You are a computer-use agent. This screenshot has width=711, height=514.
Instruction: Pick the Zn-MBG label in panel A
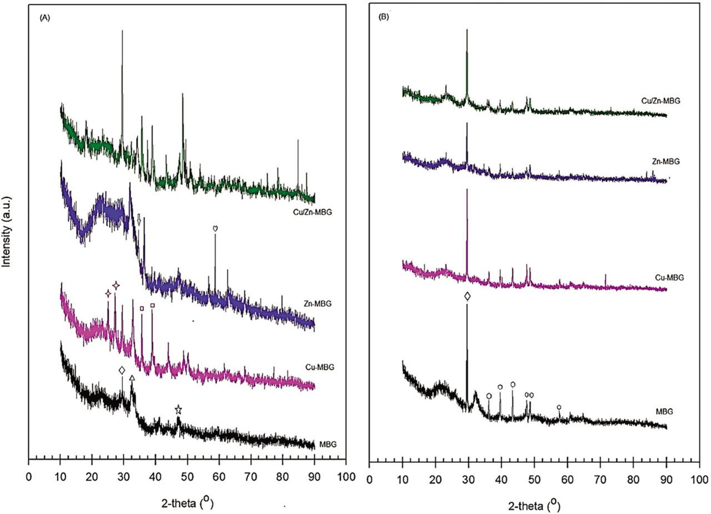303,303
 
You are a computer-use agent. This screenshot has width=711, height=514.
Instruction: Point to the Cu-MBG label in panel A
319,367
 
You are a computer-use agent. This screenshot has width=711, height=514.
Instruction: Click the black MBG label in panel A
328,444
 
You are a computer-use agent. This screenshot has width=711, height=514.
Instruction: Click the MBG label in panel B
664,411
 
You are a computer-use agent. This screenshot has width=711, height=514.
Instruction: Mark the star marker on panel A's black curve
178,410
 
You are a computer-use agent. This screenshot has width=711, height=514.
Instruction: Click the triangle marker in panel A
132,378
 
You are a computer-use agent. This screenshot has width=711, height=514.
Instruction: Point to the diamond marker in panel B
467,297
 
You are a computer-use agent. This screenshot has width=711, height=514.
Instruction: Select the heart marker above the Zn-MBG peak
216,228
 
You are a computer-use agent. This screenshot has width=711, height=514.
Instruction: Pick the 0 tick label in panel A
28,476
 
